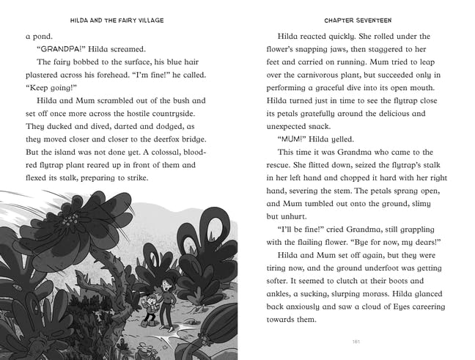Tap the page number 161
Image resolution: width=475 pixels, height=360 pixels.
pos(355,340)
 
